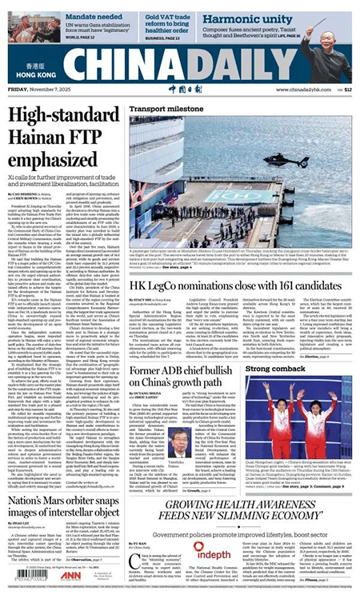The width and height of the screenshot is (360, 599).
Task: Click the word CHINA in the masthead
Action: click(x=120, y=67)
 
